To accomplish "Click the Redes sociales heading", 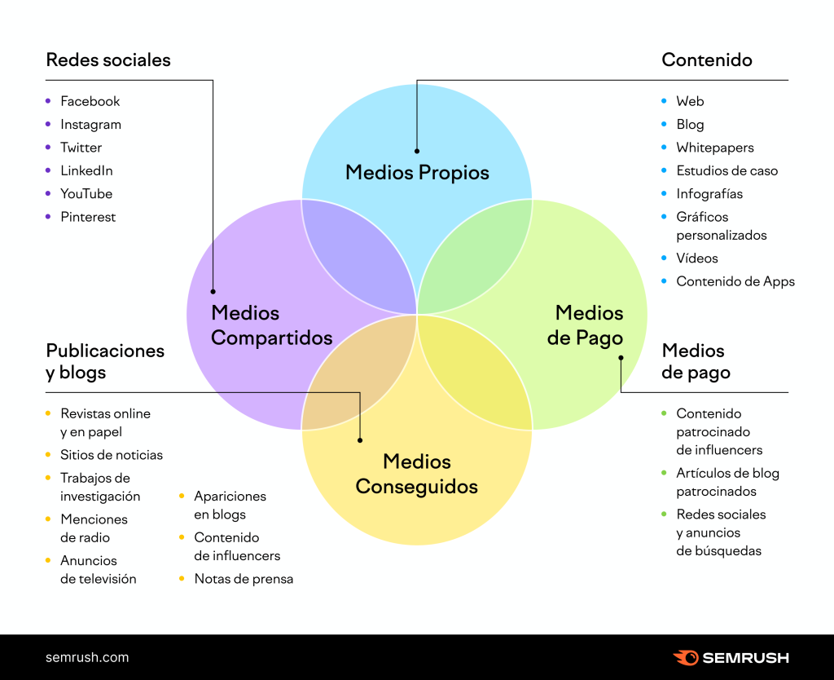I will (x=108, y=60).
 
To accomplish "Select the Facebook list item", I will (x=90, y=101).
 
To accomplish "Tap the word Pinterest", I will (x=88, y=217).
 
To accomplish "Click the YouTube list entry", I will (x=86, y=194).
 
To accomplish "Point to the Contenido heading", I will (x=707, y=60).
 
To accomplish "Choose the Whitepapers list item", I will (x=715, y=148).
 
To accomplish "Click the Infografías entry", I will (x=709, y=194).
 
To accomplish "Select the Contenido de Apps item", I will (x=735, y=281).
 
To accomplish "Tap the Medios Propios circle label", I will (x=417, y=173).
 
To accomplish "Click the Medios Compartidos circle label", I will (x=271, y=325).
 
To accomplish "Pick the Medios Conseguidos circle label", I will (x=417, y=474).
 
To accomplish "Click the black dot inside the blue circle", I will (x=417, y=151).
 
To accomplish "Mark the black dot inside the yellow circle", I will (x=360, y=441).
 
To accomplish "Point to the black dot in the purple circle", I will (x=213, y=291).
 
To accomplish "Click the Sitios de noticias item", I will (x=112, y=455).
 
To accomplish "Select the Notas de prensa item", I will (x=244, y=579).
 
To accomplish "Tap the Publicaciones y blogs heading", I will (x=105, y=361).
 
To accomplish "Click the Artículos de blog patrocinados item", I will (x=727, y=482).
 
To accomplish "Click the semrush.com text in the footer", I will (x=87, y=657).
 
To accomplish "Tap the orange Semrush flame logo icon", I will (x=686, y=657).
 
